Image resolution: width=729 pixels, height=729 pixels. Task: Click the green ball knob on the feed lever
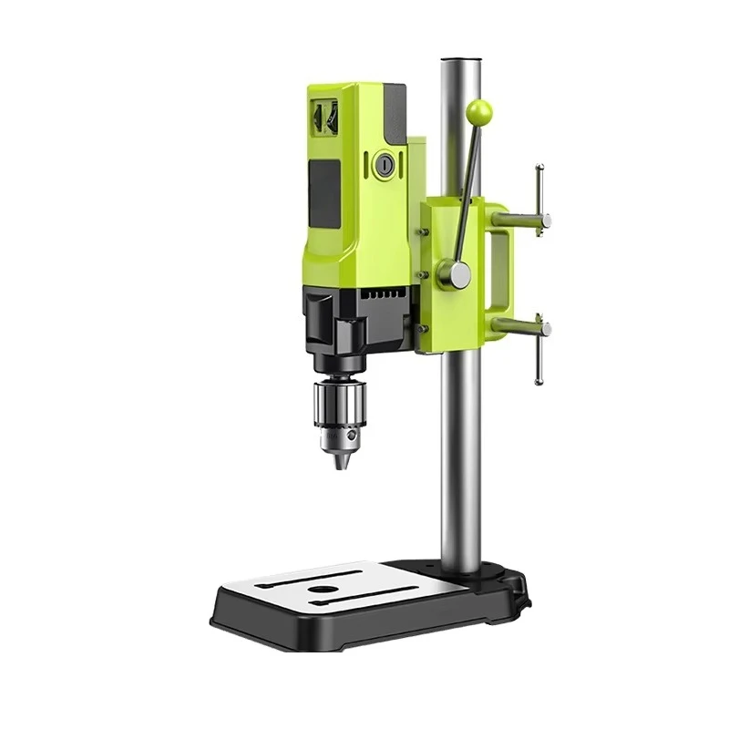click(x=478, y=112)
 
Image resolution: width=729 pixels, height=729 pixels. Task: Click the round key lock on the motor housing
click(x=385, y=165)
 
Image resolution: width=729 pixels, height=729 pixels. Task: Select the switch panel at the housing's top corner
click(x=324, y=117)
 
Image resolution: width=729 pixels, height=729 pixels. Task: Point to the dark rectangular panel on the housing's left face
click(x=325, y=195)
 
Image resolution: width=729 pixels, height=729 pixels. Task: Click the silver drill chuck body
click(x=340, y=405)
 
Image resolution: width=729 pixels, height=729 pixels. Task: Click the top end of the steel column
click(x=462, y=64)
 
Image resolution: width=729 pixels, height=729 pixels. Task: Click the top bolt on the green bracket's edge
click(x=424, y=231)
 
